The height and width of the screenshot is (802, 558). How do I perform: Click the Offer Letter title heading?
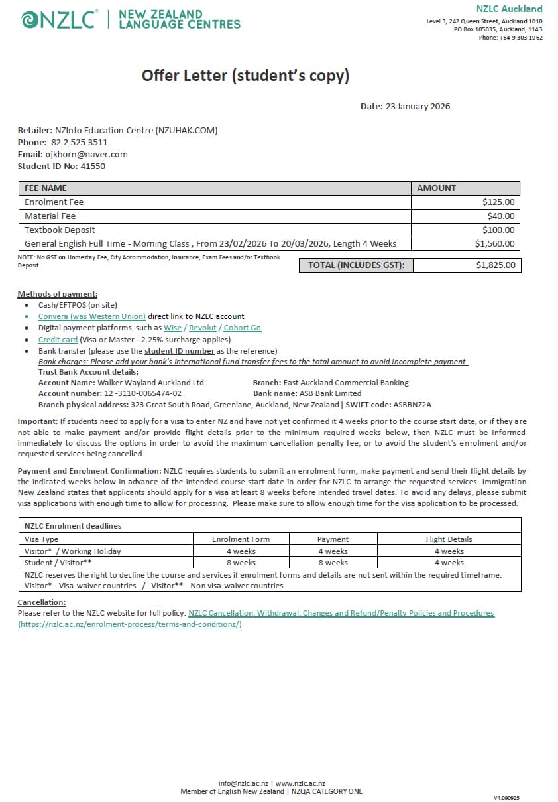click(245, 76)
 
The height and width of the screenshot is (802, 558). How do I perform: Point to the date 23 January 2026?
click(418, 107)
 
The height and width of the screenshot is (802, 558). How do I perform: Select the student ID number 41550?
click(93, 167)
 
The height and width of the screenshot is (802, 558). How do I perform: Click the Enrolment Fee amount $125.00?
click(498, 202)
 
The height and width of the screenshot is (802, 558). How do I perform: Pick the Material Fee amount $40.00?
click(500, 216)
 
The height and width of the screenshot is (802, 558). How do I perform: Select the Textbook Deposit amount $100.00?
click(498, 230)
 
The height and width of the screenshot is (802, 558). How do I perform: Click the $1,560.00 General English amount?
click(494, 244)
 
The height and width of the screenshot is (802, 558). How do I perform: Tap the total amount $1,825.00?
click(495, 265)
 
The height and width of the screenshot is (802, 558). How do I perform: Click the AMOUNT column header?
click(436, 188)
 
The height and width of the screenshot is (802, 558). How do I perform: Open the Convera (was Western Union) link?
click(91, 316)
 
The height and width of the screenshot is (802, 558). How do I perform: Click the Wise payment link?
click(172, 328)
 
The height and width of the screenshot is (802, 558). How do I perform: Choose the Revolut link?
click(203, 328)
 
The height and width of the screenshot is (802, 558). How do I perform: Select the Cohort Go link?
click(242, 328)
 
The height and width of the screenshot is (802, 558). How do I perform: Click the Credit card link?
click(58, 340)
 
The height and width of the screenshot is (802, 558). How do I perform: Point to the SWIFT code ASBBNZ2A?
click(412, 405)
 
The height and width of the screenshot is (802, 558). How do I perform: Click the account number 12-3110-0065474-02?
click(142, 393)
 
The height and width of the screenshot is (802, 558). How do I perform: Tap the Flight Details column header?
click(449, 539)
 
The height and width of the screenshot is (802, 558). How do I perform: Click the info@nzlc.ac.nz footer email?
click(245, 783)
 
